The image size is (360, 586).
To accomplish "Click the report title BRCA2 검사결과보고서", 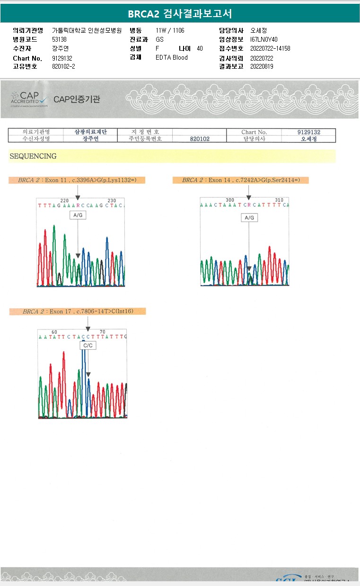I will click(180, 14).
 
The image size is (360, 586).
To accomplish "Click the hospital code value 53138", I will click(59, 39).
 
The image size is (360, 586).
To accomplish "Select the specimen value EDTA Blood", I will click(172, 57).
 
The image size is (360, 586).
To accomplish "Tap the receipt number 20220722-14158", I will click(270, 48).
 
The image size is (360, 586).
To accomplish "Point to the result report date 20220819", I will click(262, 66).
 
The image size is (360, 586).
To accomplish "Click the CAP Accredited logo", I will click(29, 99).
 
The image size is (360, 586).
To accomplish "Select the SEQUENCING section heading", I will click(33, 156).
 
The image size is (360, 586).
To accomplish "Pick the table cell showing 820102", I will click(200, 139).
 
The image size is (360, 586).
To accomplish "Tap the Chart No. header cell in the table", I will click(254, 132).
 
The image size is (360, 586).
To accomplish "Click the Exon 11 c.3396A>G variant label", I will click(77, 180).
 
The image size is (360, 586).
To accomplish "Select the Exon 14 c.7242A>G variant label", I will click(240, 180).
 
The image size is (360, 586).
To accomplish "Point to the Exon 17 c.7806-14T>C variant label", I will click(78, 311).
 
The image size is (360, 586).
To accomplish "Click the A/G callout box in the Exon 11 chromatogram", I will click(78, 215).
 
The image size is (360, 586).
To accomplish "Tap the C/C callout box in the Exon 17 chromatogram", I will click(88, 346).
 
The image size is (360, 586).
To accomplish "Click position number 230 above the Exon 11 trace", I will click(112, 201).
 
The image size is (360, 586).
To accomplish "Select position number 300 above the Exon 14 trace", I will click(230, 200).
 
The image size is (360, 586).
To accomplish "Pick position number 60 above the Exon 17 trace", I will click(54, 332).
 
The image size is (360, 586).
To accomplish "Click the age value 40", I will click(200, 48).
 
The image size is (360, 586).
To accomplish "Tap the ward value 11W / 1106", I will click(170, 30).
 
